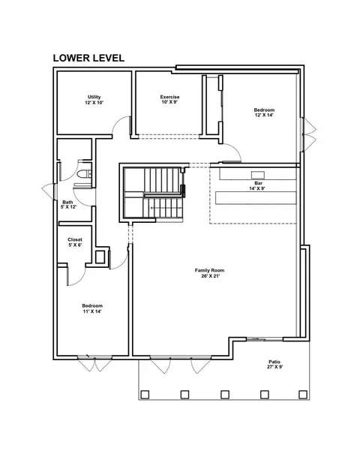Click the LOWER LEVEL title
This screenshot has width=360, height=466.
click(x=88, y=58)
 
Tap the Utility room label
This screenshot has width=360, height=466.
click(x=94, y=97)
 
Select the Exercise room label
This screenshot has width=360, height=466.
click(x=170, y=97)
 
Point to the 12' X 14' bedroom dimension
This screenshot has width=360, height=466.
click(x=264, y=115)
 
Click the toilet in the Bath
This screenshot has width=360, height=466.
click(x=85, y=173)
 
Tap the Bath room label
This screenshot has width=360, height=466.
click(x=67, y=202)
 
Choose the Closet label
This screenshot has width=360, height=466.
click(x=75, y=239)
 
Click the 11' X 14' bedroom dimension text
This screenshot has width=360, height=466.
click(x=92, y=311)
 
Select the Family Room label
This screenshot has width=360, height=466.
click(x=209, y=270)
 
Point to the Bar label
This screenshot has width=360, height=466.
click(x=258, y=183)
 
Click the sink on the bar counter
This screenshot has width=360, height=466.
click(x=258, y=175)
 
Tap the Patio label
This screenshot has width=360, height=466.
click(x=274, y=362)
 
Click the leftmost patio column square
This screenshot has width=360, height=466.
click(x=145, y=395)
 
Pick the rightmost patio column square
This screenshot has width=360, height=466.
click(x=303, y=395)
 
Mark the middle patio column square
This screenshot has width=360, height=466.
click(x=225, y=395)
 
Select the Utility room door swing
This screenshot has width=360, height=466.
click(x=121, y=125)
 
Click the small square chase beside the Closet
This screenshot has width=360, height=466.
click(x=100, y=257)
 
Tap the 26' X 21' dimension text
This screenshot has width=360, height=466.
click(x=209, y=276)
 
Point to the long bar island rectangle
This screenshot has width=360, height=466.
click(x=256, y=198)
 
